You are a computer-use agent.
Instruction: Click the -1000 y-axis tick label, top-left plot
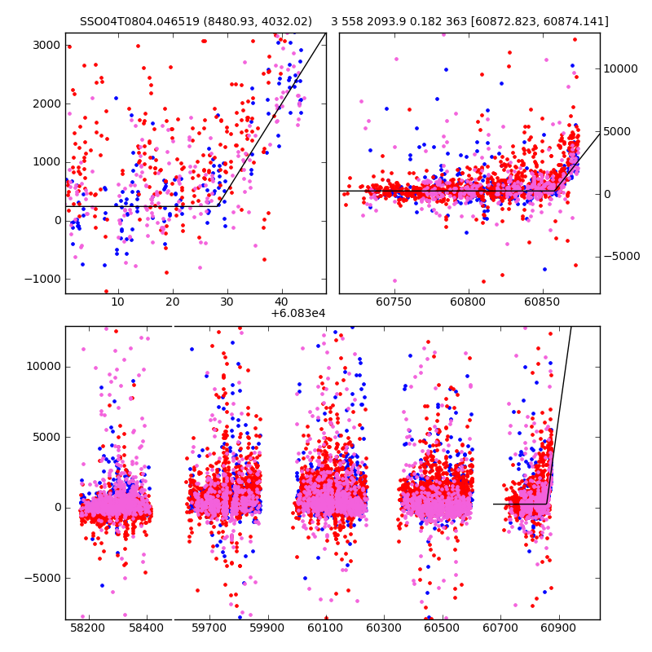click(44, 279)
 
